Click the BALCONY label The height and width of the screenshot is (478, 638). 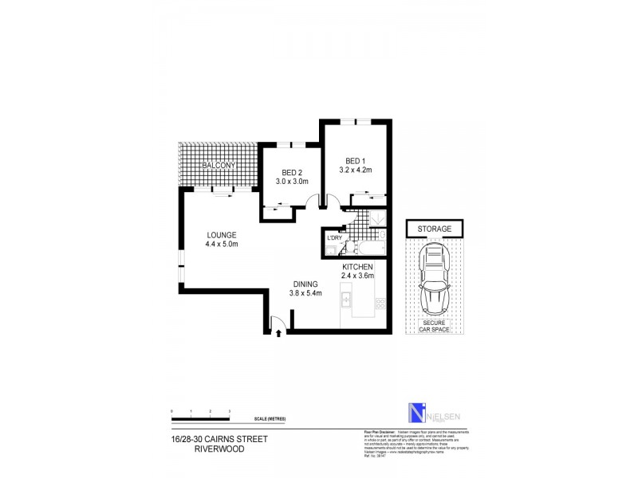218,165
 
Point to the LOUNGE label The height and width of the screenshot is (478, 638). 221,235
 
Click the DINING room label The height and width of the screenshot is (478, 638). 305,284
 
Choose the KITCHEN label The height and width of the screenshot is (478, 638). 358,267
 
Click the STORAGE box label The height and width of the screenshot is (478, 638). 435,229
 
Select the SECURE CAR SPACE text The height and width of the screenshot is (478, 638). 435,325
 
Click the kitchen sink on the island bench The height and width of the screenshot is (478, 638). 347,301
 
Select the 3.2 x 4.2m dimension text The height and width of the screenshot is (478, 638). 355,170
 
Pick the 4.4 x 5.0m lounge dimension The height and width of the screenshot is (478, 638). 221,245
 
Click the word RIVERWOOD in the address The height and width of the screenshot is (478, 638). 218,449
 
